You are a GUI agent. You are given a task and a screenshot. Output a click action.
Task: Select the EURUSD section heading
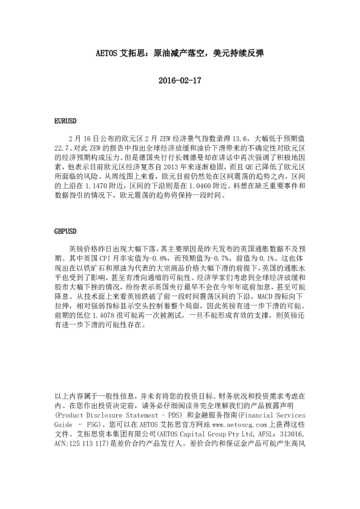click(x=64, y=122)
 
